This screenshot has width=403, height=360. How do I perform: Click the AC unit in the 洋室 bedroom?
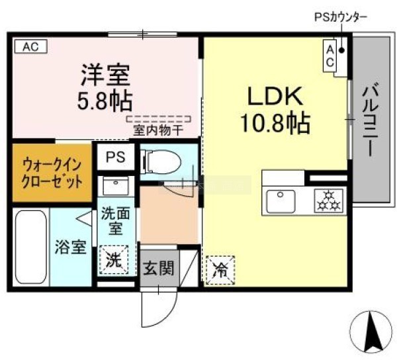[31, 46]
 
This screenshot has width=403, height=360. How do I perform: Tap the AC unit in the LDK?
[330, 56]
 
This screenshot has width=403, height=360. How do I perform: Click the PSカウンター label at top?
[341, 18]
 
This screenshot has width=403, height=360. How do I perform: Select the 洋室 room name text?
[105, 75]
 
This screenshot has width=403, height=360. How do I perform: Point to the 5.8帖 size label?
[105, 101]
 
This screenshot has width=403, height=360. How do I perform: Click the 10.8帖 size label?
[275, 122]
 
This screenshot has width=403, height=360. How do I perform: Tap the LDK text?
[275, 96]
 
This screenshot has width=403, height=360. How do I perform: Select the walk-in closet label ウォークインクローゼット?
[52, 173]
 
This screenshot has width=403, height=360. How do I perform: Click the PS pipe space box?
[116, 157]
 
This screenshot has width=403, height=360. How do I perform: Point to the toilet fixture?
[161, 162]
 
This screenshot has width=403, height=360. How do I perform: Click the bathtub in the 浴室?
[31, 247]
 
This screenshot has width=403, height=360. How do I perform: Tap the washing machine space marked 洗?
[114, 260]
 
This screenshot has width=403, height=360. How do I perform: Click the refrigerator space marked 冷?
[221, 270]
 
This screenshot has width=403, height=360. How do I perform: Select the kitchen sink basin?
[281, 201]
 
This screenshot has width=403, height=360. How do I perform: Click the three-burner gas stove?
[329, 201]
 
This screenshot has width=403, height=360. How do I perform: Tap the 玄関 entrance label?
[159, 268]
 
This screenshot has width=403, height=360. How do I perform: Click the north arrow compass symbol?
[371, 332]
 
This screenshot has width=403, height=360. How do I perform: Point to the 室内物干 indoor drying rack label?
[158, 131]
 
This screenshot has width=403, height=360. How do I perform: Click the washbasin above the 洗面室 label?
[115, 186]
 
